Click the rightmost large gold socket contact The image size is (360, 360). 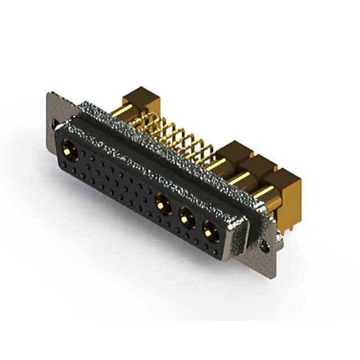pyautogui.click(x=210, y=229)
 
